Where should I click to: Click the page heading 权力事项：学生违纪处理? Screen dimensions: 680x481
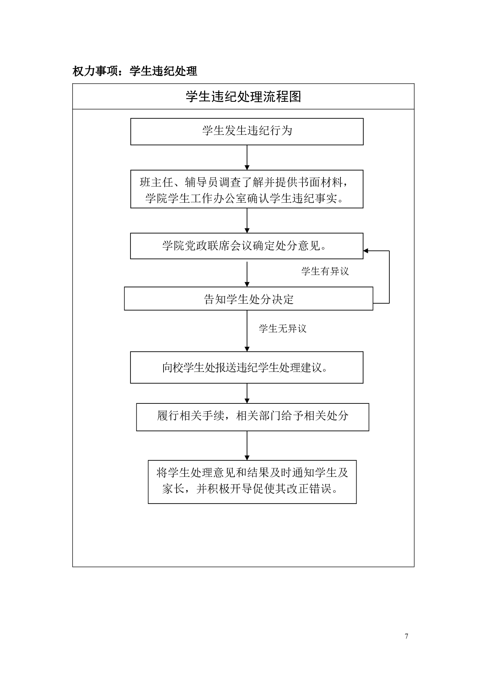134,71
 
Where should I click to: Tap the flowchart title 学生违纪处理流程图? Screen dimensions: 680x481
243,97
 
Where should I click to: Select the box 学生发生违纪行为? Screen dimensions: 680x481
247,131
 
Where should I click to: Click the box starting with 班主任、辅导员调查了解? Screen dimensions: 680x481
247,189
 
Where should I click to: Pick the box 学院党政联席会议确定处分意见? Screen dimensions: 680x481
246,246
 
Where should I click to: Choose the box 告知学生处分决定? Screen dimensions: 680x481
248,299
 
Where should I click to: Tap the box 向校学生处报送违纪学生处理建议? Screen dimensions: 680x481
246,367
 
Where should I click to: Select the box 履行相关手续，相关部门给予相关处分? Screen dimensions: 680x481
252,417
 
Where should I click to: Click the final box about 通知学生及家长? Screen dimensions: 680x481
252,481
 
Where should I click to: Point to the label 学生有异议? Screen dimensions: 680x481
325,271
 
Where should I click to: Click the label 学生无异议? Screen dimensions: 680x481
282,329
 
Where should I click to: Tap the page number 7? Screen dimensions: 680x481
406,636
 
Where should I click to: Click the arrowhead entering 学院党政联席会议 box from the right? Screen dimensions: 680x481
366,251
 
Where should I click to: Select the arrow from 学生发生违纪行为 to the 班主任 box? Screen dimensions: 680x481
247,157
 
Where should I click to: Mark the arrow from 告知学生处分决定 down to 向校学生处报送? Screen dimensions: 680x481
247,331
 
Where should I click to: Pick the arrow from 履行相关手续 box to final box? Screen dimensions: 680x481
247,445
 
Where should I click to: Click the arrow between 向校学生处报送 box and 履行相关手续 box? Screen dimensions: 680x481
247,393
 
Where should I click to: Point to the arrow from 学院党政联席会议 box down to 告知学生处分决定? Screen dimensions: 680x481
247,274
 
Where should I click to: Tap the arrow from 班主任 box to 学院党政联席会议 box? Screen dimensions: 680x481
247,220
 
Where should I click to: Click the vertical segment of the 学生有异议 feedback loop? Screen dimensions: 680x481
389,277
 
